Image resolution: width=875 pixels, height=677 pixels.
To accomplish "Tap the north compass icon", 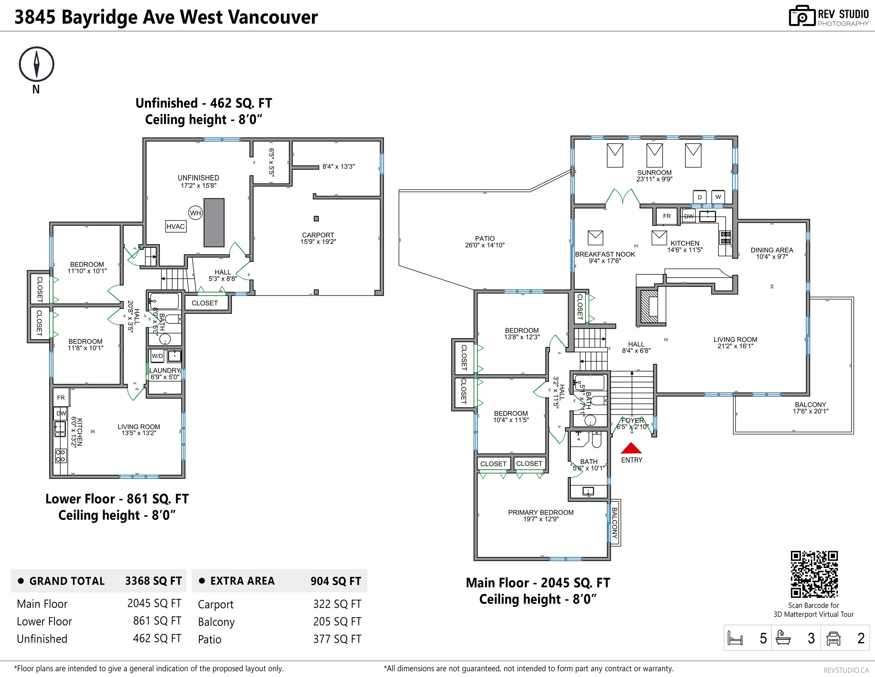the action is coord(36,64).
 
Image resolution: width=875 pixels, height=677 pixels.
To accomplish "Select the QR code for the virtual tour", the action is coord(814,574).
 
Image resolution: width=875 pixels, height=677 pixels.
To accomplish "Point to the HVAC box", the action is coord(176,226).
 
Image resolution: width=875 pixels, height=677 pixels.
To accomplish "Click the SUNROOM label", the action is coord(654,172).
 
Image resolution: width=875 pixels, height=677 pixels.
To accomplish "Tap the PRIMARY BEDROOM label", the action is coord(541,512).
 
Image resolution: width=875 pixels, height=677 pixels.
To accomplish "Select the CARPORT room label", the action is coord(318,235).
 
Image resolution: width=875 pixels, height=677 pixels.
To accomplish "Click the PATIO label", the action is coord(485,239).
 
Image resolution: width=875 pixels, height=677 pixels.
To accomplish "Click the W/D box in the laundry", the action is coord(157,356).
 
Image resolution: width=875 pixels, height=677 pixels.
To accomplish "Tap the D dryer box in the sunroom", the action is coord(699,197).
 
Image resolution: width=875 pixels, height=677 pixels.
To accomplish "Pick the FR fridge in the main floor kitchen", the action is coord(667,216).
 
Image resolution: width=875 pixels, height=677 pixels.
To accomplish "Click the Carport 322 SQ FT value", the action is coord(337,604).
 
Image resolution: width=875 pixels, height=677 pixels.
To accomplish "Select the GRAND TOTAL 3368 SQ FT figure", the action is coord(153,581).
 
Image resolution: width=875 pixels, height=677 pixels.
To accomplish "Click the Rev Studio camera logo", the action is coord(802,16).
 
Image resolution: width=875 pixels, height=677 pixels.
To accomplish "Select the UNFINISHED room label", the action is coord(198,178).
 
